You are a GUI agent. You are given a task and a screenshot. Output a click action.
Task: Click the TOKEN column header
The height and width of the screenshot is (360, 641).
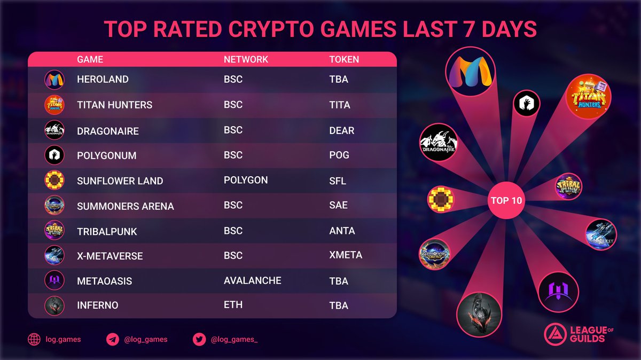(344, 59)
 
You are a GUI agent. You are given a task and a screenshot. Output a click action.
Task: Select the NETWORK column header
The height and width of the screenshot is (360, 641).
(246, 59)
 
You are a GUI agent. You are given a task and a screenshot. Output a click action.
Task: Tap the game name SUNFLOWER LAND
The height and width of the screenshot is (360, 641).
(120, 181)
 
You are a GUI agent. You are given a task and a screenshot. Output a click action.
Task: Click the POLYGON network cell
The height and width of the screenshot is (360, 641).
(246, 180)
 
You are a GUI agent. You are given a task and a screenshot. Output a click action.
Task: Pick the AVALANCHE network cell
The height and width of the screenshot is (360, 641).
(252, 280)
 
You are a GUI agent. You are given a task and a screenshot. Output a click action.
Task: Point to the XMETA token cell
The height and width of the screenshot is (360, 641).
(346, 255)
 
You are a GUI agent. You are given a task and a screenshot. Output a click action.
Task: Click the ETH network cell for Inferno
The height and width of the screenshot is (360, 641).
(233, 305)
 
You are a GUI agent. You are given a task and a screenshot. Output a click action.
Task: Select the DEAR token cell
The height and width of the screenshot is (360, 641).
(341, 130)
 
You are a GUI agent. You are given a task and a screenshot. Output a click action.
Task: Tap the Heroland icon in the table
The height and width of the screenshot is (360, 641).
(54, 80)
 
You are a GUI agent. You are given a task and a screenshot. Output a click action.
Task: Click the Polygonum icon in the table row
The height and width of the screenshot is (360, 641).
(54, 155)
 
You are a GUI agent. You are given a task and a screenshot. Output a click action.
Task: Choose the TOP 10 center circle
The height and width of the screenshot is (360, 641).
(507, 201)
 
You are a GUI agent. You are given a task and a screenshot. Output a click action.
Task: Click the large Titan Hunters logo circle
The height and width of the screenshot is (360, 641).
(588, 97)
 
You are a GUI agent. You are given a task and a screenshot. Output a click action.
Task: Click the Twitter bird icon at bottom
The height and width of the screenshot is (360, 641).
(199, 339)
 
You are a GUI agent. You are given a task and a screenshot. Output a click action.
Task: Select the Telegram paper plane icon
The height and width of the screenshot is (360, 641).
(112, 339)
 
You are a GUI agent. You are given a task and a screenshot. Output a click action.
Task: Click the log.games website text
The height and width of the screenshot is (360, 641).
(63, 339)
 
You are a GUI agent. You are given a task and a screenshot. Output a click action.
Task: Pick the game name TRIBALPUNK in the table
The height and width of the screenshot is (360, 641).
(107, 231)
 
